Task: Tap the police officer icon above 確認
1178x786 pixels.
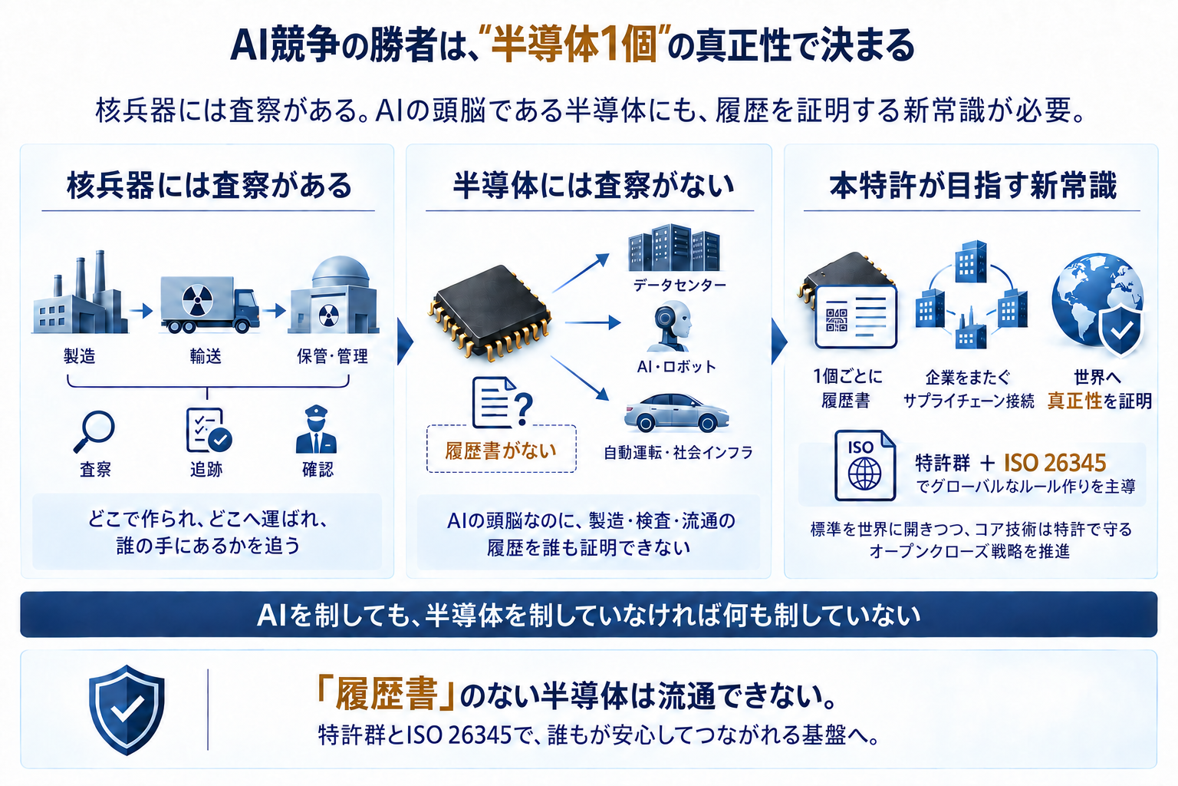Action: click(x=316, y=429)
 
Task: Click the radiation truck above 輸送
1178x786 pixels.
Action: click(x=209, y=304)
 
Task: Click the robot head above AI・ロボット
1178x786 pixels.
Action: click(x=670, y=326)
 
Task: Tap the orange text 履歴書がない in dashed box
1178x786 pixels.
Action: click(x=501, y=451)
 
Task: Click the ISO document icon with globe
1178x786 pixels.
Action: click(x=865, y=466)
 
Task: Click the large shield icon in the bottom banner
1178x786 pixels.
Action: click(x=127, y=710)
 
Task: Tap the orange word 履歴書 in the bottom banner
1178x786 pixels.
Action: click(x=387, y=694)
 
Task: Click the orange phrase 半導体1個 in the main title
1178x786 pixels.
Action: click(x=575, y=45)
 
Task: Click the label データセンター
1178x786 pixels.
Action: click(x=679, y=285)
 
